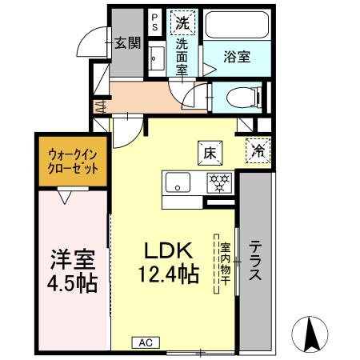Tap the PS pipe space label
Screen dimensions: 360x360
pos(154,21)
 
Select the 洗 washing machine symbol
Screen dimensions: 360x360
pos(182,22)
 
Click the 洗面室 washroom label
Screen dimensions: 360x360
pos(182,56)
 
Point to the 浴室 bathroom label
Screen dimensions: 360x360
pos(236,57)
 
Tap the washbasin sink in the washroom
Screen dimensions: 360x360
pos(155,58)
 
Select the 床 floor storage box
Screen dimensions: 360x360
pos(209,151)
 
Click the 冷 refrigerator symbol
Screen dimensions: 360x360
pos(258,150)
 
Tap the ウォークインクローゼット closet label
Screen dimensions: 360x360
pos(73,162)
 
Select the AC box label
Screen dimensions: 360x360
pos(144,342)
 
